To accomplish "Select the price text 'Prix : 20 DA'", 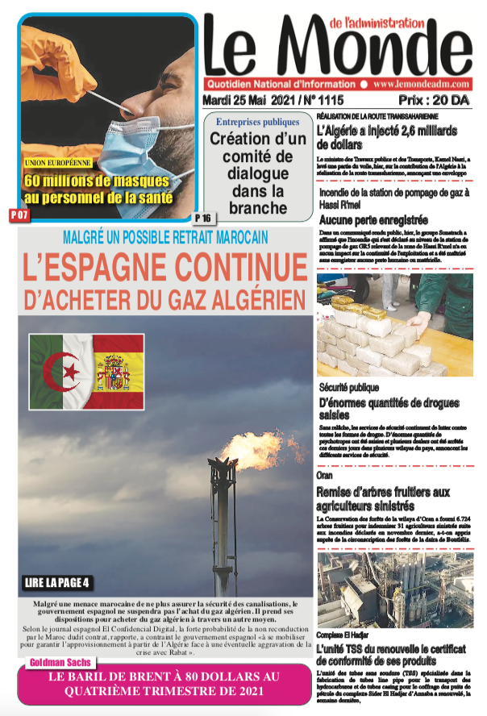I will (x=440, y=101).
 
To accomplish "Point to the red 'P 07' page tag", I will (x=19, y=215).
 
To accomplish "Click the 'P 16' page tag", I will (x=202, y=218).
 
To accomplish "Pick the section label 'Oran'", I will (x=324, y=477).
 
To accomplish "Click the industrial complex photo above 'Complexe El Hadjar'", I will (x=394, y=590).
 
